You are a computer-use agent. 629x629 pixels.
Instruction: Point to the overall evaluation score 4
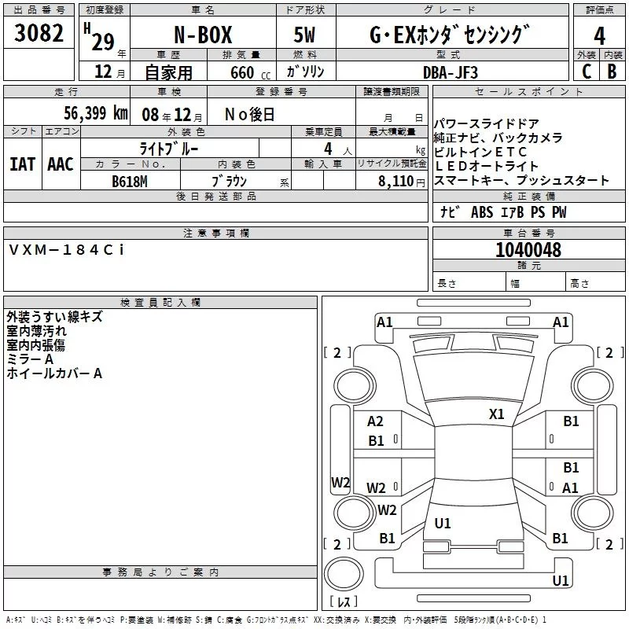[599, 36]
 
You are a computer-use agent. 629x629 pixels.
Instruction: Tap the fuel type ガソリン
[305, 72]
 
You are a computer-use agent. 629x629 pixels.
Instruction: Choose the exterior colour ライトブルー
[169, 148]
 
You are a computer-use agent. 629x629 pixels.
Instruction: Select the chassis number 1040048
[528, 251]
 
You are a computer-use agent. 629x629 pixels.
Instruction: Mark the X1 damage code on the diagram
[496, 414]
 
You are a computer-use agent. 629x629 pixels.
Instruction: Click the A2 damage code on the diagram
[376, 422]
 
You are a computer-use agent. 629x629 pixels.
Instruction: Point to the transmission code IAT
[24, 164]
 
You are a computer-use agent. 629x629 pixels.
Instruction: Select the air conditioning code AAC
[61, 164]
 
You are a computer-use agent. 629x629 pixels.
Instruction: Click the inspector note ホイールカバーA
[54, 373]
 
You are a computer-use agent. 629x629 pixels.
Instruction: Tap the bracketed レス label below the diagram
[343, 601]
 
